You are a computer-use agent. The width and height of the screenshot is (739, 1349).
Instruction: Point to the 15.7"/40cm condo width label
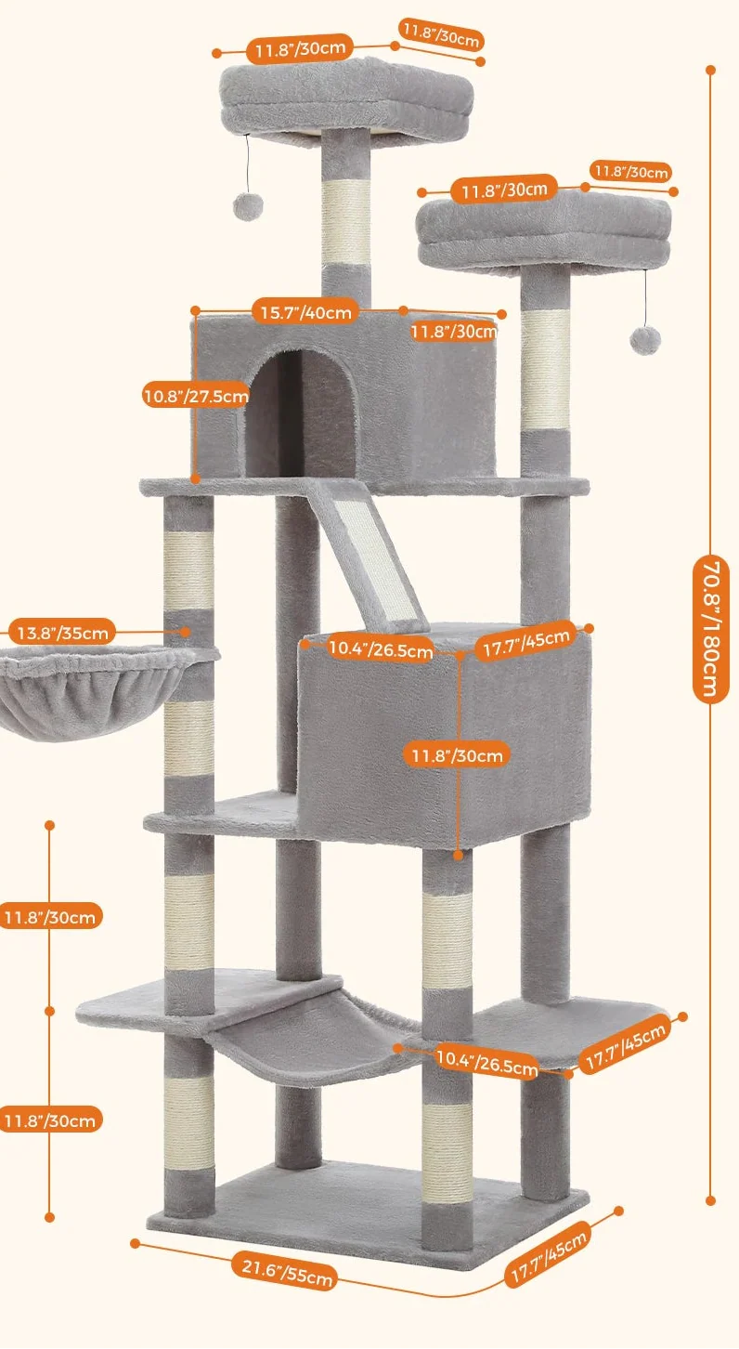click(305, 313)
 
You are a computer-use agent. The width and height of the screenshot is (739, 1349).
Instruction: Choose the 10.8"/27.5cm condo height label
click(196, 397)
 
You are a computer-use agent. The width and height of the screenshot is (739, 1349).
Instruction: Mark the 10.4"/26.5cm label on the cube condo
click(381, 650)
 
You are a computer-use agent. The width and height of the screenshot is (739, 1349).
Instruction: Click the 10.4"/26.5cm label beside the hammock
click(486, 1061)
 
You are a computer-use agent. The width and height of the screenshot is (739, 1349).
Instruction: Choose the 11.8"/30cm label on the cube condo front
click(458, 755)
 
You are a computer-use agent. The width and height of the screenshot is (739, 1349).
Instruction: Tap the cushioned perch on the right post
click(544, 232)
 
